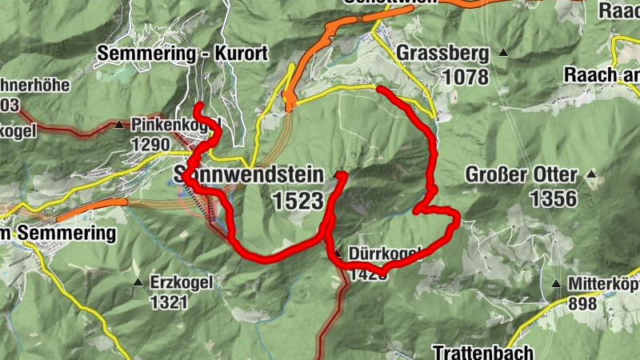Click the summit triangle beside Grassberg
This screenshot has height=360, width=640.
503,53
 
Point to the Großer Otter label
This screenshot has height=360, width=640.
520,174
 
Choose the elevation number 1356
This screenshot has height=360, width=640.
552,198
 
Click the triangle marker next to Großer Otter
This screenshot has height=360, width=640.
591,174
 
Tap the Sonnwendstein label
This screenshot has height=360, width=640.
248,174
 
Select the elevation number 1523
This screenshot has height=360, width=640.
298,201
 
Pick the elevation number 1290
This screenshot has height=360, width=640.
151,145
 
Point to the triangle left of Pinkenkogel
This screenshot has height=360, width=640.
119,125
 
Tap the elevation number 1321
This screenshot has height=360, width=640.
168,302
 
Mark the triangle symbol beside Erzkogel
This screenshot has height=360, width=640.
138,283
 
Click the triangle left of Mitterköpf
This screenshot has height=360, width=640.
556,284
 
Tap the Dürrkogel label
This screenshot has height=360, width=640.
384,254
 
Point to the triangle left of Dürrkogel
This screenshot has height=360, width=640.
338,254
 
